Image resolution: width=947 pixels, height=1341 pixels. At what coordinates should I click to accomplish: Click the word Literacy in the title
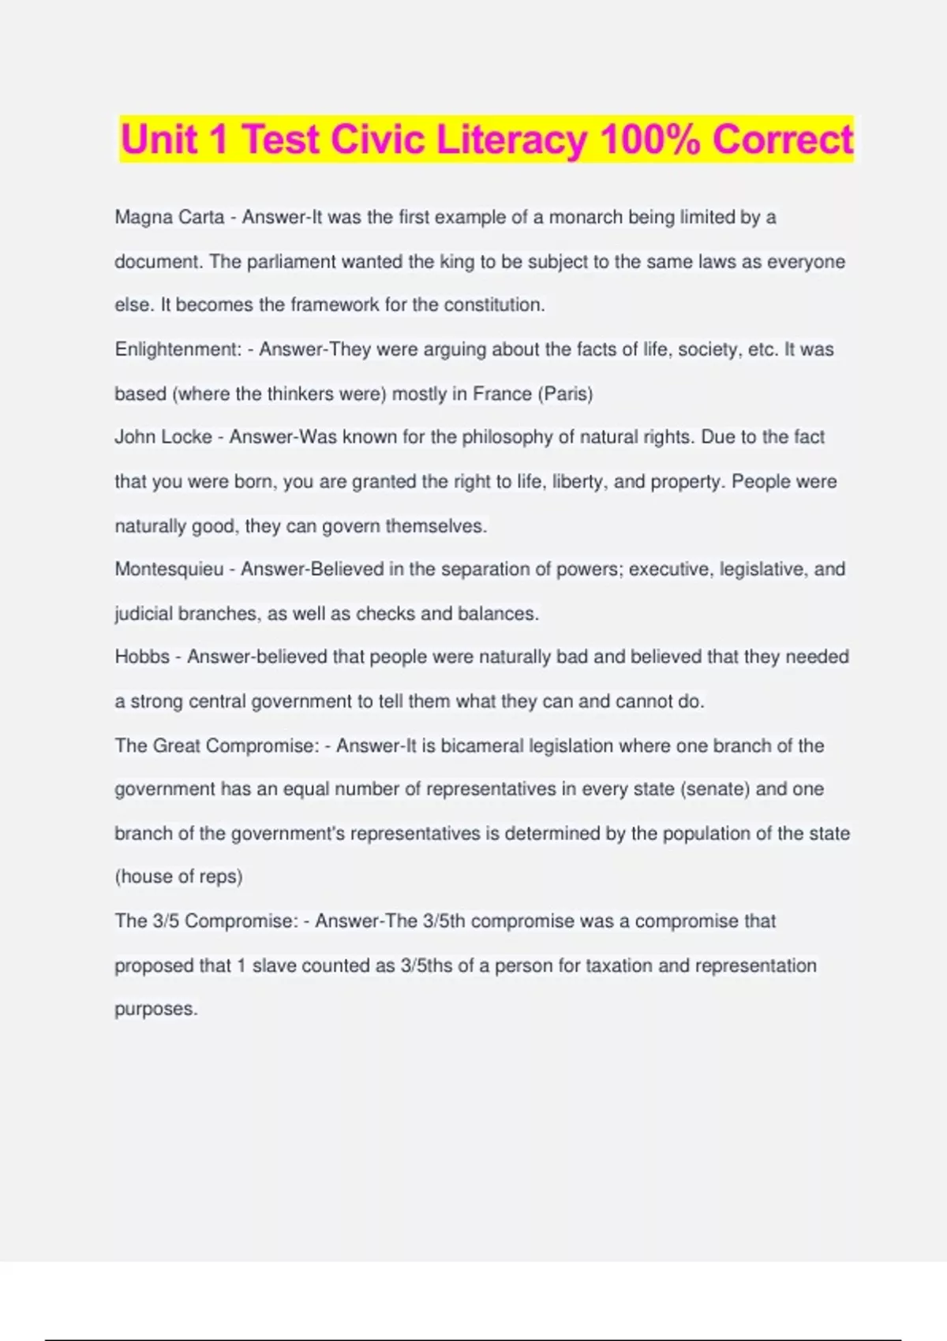511,140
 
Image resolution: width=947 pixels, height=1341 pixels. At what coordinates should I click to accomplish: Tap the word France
502,394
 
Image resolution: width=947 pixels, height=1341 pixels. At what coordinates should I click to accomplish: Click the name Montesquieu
169,570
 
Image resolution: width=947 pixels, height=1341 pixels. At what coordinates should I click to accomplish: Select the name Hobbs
142,657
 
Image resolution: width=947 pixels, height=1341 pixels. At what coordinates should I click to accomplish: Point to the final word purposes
155,1010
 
